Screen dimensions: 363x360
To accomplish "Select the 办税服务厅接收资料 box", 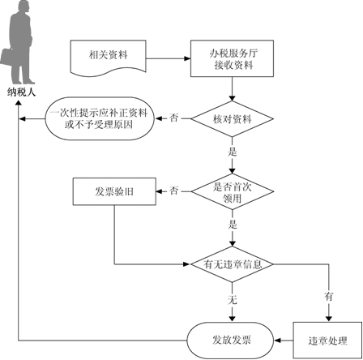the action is click(x=232, y=58).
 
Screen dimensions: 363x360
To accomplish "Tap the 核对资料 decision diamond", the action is click(x=232, y=118).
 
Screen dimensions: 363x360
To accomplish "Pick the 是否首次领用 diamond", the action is click(x=232, y=191).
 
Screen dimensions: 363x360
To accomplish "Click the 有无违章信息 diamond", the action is click(x=232, y=264).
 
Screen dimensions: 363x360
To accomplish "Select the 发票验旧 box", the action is click(x=114, y=191).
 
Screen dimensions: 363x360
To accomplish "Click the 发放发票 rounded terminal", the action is click(x=231, y=341).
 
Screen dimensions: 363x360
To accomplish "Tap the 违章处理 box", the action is click(x=327, y=341).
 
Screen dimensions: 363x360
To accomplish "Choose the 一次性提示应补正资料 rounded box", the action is click(x=100, y=118).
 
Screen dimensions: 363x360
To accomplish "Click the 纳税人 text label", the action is click(x=21, y=92).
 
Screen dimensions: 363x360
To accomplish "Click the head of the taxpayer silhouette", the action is click(x=23, y=6).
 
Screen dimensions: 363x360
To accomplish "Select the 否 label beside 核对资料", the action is click(x=174, y=118).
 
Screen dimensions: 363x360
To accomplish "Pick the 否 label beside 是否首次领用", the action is click(x=174, y=191).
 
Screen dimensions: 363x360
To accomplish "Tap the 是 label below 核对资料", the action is click(x=233, y=152).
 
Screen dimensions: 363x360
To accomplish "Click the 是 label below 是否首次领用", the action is click(x=233, y=225).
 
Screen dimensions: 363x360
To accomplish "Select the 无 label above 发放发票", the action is click(x=233, y=300).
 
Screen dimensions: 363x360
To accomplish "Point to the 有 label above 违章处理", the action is click(x=329, y=297).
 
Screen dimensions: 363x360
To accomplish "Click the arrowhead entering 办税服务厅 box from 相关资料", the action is click(x=187, y=58).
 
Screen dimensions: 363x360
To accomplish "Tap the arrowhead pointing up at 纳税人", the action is click(x=19, y=103).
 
